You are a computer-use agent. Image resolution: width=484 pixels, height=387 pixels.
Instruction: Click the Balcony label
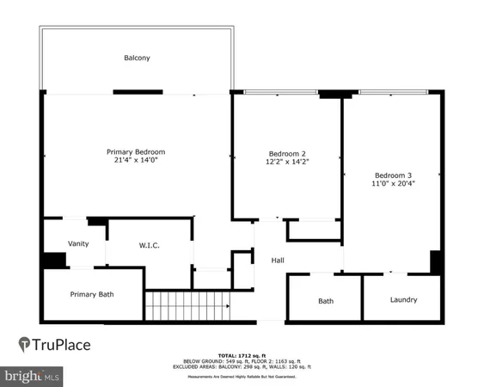(138, 58)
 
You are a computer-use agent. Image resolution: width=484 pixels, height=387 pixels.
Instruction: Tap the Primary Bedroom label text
(136, 151)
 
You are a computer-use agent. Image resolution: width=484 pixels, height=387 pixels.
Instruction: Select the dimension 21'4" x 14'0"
(136, 160)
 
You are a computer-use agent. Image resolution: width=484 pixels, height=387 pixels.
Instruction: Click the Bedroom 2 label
(287, 154)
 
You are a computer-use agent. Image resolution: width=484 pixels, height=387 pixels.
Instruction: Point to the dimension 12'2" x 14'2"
(287, 163)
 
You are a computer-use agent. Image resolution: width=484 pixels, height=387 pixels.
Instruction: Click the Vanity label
(78, 243)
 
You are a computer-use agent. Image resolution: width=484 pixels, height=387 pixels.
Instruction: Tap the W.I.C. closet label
(150, 246)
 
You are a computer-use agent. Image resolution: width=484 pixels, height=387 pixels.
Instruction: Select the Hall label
(278, 261)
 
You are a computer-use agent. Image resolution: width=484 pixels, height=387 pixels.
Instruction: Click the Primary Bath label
(92, 294)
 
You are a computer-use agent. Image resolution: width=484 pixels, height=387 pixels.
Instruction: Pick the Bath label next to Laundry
(326, 301)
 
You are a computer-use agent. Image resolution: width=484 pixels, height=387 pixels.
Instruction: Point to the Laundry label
(403, 300)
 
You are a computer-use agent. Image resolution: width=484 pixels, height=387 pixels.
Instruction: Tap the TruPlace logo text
(61, 345)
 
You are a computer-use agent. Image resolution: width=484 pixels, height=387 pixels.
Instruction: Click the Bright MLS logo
(32, 377)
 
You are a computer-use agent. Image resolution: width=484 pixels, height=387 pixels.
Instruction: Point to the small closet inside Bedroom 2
(314, 230)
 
